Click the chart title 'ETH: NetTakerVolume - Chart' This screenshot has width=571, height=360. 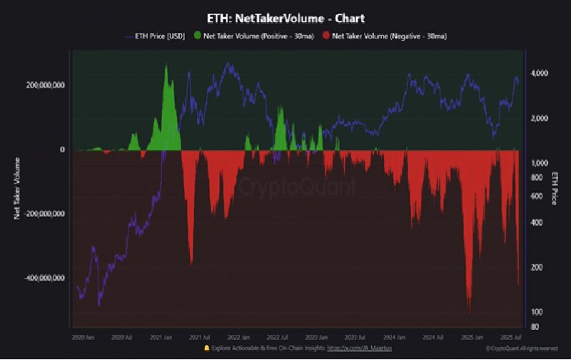tap(285, 18)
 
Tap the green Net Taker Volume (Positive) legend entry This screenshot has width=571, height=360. tap(256, 35)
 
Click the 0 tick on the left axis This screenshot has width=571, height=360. tap(63, 150)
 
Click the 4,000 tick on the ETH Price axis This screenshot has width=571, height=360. tap(540, 74)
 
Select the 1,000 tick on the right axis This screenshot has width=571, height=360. tap(540, 163)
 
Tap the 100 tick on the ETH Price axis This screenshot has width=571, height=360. tap(537, 312)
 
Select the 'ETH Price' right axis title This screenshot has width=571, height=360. tap(555, 189)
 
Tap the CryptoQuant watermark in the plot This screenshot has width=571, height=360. tap(296, 187)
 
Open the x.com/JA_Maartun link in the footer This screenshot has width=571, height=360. tap(360, 348)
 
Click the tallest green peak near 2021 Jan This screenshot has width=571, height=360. tap(166, 66)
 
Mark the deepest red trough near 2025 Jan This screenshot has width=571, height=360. tap(469, 311)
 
